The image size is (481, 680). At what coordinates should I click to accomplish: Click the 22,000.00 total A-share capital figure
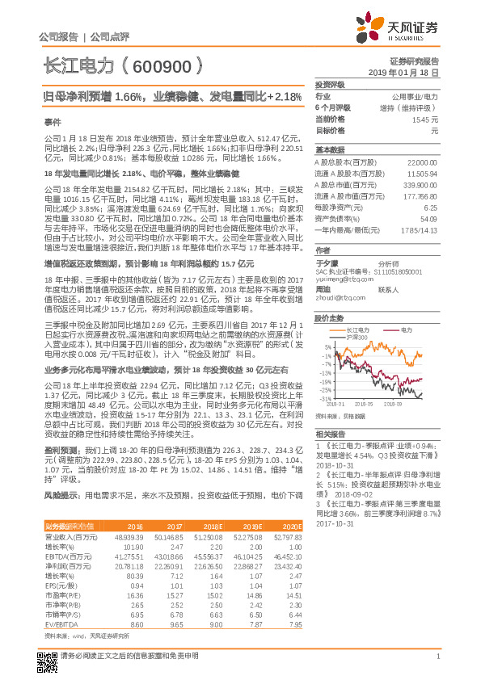[x=422, y=162]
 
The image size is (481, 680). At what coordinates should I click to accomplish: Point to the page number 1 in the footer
[x=437, y=664]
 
